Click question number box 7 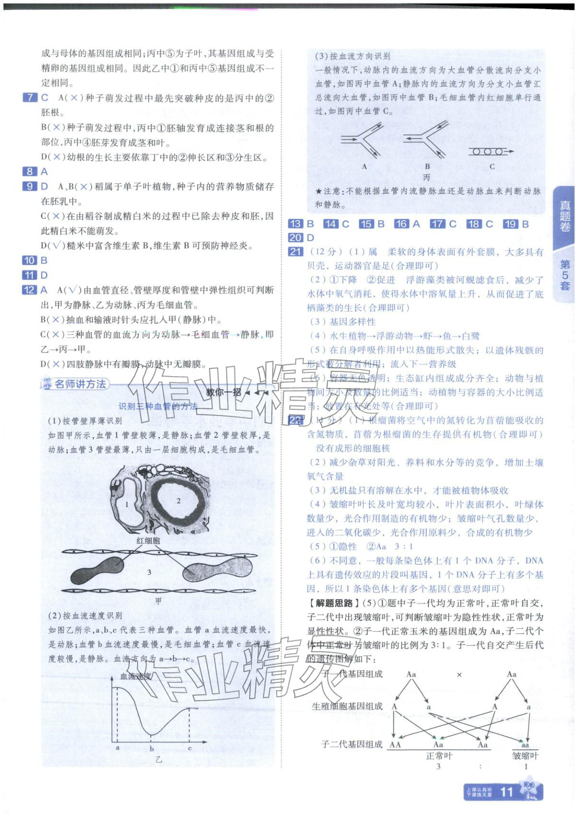30,98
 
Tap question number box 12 29,290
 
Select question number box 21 295,252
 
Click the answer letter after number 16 416,224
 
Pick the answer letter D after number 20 311,238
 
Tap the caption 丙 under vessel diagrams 427,177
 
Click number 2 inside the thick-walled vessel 178,501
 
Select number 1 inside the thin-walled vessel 127,504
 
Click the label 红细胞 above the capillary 148,541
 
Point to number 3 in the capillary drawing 149,572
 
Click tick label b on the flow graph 152,749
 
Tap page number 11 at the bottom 506,792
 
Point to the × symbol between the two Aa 459,675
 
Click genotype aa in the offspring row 525,745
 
